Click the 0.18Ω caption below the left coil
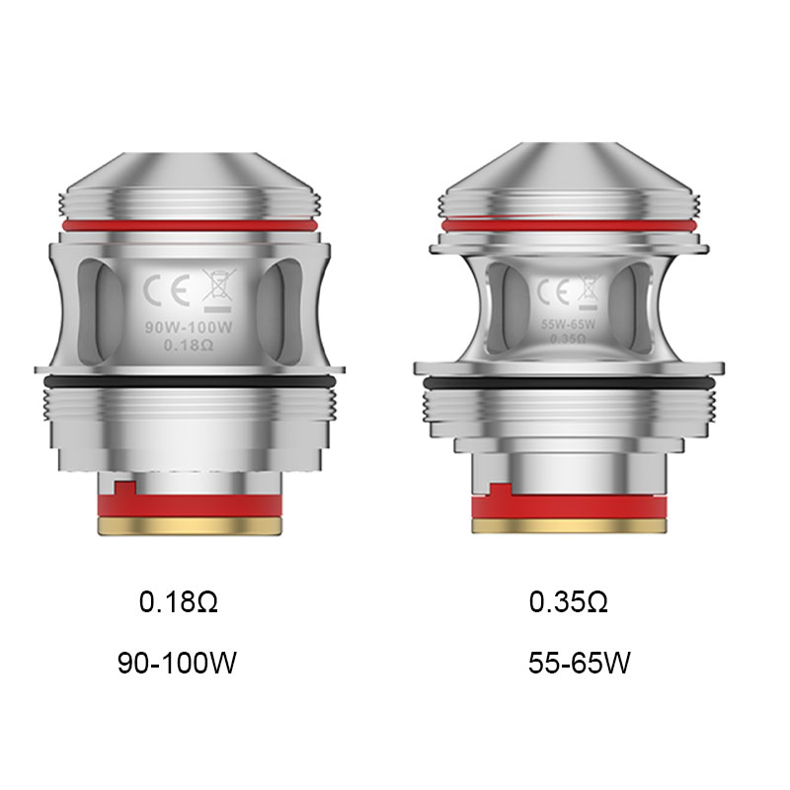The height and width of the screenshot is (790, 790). tap(178, 602)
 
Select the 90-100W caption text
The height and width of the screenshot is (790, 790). tap(177, 662)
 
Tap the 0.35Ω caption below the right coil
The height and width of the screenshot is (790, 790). tap(568, 602)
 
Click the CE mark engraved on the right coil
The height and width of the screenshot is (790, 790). tap(549, 291)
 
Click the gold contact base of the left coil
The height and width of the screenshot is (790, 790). tap(186, 525)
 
